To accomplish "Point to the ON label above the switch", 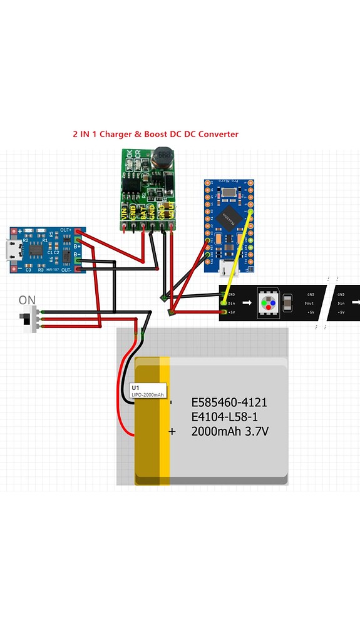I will (27, 300).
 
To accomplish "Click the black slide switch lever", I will (28, 319).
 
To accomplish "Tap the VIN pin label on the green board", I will (124, 212).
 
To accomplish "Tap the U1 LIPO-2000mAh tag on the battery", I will (148, 391).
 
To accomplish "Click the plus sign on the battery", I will (172, 431).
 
